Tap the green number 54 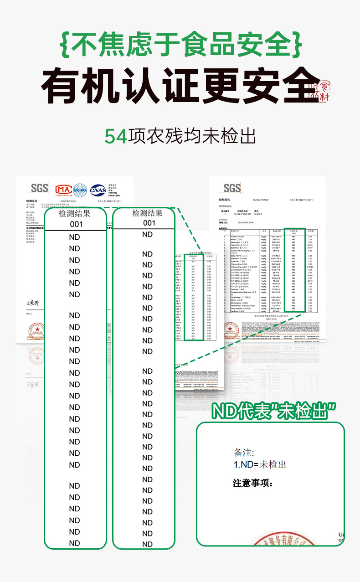coord(116,136)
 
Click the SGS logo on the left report coord(40,188)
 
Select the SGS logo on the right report coord(232,188)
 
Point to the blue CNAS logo coord(98,190)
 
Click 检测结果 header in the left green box coord(75,213)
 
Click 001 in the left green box coord(76,224)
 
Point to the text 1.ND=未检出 coord(260,464)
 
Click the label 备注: coord(243,453)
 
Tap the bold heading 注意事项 coord(252,483)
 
